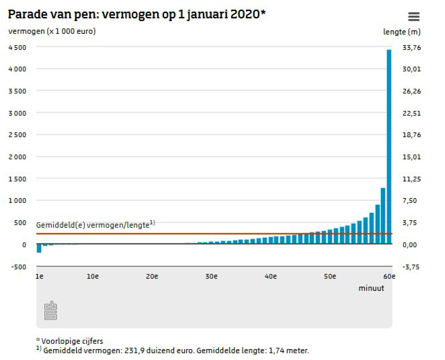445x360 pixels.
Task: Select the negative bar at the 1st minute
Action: click(x=39, y=248)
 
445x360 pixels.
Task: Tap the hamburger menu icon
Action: click(x=413, y=16)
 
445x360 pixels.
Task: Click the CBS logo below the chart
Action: click(x=51, y=311)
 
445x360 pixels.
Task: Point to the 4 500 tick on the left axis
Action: click(x=17, y=48)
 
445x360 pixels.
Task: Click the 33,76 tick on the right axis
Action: click(x=411, y=48)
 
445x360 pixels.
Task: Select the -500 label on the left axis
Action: click(x=18, y=267)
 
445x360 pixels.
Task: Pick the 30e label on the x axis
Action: click(x=211, y=277)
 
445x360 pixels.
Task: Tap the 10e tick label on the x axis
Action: click(x=92, y=277)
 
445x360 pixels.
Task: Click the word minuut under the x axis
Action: click(x=371, y=288)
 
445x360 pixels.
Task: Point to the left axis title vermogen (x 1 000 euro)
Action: click(x=52, y=31)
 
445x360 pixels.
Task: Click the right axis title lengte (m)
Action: click(x=401, y=32)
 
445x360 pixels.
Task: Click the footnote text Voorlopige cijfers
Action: click(x=72, y=341)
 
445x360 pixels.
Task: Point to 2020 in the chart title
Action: click(x=245, y=14)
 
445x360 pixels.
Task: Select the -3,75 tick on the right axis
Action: click(x=411, y=267)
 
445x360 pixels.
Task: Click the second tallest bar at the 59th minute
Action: click(x=383, y=216)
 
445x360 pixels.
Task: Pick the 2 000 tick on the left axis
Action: click(x=17, y=157)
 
